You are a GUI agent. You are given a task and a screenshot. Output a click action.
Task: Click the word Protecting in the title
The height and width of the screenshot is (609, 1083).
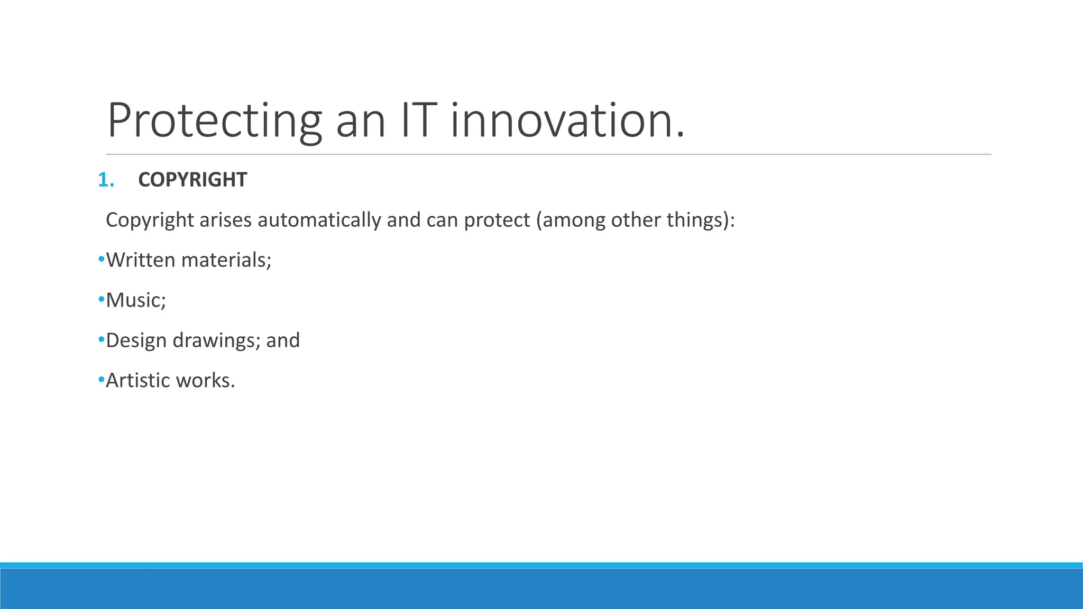(214, 121)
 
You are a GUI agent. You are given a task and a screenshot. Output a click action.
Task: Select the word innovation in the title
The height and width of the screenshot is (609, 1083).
(567, 121)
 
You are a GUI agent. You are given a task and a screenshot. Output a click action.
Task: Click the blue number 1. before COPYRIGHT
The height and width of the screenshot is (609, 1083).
(106, 180)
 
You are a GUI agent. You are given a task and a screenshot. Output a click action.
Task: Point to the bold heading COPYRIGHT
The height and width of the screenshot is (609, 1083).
(192, 180)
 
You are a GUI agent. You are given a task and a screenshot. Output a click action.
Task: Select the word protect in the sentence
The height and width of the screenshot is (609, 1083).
(497, 220)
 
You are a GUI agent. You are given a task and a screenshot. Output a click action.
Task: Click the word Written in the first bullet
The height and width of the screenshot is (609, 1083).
(140, 260)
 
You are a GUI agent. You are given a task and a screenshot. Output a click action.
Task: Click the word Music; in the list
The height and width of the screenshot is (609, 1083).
(136, 300)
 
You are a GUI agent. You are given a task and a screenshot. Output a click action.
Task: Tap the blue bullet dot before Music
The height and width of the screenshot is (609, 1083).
(101, 300)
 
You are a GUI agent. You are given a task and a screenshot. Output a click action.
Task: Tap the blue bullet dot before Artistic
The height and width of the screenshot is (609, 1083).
(101, 380)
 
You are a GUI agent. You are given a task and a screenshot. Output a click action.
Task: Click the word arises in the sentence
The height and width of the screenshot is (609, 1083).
(225, 220)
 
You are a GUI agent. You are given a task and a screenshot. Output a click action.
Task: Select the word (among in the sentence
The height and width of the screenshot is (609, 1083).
(571, 220)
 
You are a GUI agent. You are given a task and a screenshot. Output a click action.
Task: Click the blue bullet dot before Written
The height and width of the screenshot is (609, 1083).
(101, 260)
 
